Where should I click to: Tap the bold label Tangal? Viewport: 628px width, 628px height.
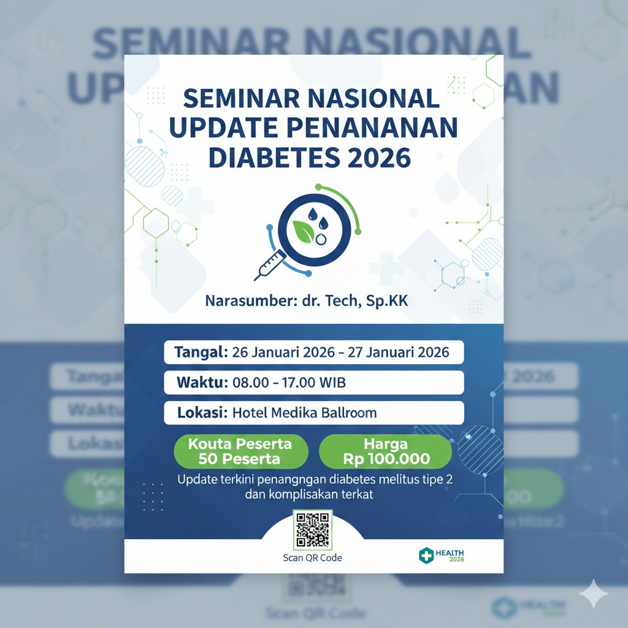point(201,353)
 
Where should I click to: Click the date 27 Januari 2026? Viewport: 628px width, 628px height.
point(398,353)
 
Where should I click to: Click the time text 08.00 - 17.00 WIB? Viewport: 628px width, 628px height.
point(289,383)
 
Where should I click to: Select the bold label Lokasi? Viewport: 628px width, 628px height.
point(199,413)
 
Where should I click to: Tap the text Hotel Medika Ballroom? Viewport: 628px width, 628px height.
point(304,413)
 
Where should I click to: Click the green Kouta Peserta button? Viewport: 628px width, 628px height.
point(240,451)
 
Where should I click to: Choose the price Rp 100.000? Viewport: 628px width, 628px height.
point(386,459)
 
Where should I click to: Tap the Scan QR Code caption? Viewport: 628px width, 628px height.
point(312,557)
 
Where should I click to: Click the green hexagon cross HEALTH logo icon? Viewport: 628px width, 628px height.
point(426,555)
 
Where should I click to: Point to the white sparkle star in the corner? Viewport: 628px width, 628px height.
point(594,594)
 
